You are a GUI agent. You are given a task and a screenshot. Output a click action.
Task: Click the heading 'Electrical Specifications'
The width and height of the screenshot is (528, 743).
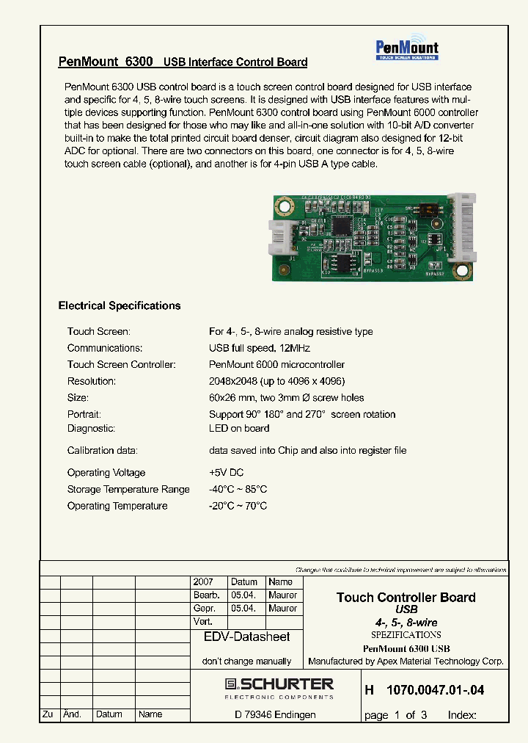[x=119, y=305]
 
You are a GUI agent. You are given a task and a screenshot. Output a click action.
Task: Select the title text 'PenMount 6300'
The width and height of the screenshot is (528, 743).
[x=106, y=62]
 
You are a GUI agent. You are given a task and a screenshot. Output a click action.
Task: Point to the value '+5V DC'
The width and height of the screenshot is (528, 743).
[x=227, y=473]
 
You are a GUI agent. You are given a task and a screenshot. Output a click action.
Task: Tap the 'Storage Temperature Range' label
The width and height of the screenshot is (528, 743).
[x=128, y=490]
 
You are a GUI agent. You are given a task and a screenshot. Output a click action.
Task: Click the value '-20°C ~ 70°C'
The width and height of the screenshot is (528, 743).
[x=238, y=506]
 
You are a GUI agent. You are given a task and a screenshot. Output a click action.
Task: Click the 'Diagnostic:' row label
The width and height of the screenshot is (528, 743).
[x=91, y=429]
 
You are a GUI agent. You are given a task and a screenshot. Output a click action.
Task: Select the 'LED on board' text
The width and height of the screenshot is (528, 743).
[x=239, y=429]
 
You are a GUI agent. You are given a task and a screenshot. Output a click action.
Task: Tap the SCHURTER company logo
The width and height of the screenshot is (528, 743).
[x=279, y=688]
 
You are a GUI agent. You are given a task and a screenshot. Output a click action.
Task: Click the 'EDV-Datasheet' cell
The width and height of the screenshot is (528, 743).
[x=246, y=637]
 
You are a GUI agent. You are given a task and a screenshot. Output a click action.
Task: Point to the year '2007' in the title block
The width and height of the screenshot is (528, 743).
[x=203, y=581]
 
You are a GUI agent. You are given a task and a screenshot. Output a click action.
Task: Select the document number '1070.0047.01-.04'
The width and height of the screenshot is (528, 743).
[x=434, y=690]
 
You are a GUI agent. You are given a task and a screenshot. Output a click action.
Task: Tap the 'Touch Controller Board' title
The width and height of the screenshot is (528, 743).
[x=406, y=597]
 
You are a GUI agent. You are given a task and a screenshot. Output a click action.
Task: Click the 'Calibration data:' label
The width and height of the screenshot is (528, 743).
[x=102, y=451]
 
